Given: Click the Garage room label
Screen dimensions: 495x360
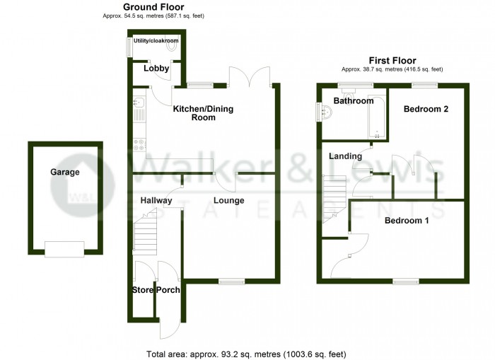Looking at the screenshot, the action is (65, 172).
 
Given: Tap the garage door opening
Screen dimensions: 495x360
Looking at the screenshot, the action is (64, 249).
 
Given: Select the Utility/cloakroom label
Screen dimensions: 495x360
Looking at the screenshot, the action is (156, 41).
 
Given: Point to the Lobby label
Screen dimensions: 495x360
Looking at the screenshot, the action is (156, 68).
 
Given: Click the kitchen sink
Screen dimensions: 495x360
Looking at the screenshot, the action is (139, 102).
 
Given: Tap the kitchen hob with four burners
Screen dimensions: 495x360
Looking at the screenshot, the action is (139, 145).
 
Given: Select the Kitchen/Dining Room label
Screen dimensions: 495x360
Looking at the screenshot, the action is (204, 113).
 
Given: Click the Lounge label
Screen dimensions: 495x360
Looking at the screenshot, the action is (229, 201).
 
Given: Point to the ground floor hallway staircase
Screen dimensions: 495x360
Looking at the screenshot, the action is (145, 231).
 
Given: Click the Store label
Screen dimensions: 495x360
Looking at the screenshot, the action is (143, 290).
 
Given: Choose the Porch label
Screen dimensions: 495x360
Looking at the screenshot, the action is (168, 290).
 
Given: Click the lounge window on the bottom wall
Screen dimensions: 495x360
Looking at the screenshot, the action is (232, 281).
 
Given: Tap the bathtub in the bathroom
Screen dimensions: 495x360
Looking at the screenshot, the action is (376, 117).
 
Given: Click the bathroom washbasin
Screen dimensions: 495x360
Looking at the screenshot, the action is (326, 111).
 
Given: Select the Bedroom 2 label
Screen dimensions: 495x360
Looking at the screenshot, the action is (426, 109).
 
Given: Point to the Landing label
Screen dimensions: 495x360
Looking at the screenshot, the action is (345, 156).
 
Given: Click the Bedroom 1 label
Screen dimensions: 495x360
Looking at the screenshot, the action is (407, 221).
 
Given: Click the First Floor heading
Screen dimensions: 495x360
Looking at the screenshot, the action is (392, 60).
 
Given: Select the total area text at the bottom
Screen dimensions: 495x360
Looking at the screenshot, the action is (246, 354).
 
